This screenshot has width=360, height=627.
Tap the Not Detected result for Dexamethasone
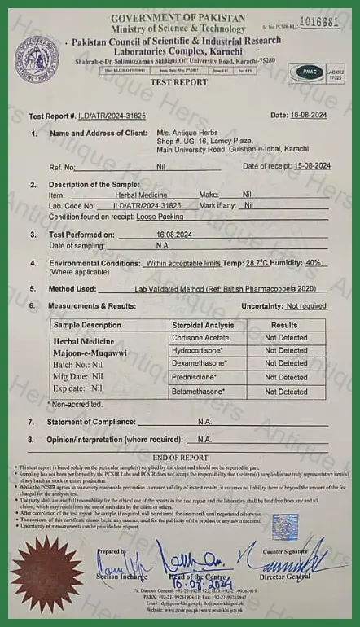tap(286, 363)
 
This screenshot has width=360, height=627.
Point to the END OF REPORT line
tap(181, 458)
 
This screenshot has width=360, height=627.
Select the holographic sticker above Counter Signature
tap(284, 528)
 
